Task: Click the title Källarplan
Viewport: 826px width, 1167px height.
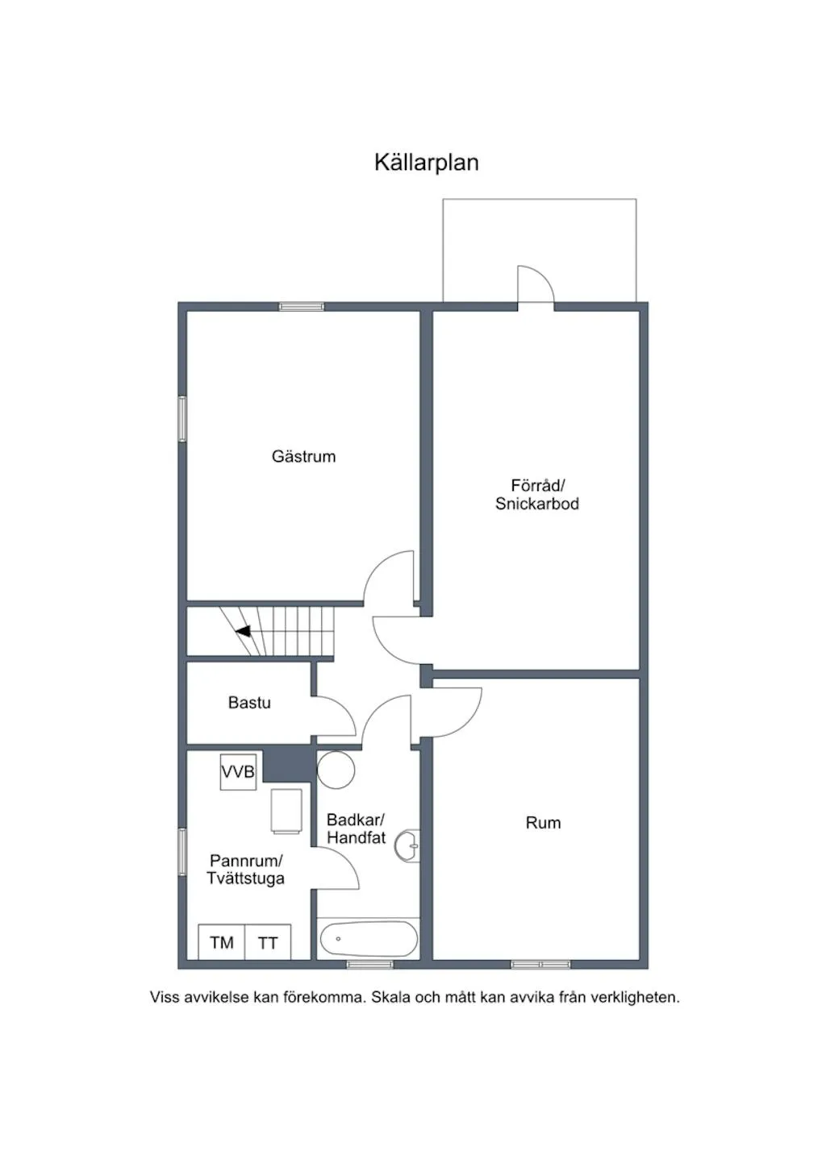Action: pyautogui.click(x=426, y=162)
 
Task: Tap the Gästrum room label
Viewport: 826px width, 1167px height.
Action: pyautogui.click(x=303, y=456)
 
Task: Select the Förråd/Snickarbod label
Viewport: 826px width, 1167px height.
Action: pyautogui.click(x=537, y=494)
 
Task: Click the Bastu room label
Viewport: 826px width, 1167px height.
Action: pyautogui.click(x=249, y=703)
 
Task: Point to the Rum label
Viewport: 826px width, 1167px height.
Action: pyautogui.click(x=543, y=823)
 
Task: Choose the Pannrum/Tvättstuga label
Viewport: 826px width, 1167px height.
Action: pyautogui.click(x=245, y=870)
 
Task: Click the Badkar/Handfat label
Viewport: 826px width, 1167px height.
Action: pyautogui.click(x=356, y=829)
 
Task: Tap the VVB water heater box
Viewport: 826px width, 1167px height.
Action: pyautogui.click(x=238, y=772)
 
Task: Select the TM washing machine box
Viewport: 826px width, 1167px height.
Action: pyautogui.click(x=222, y=942)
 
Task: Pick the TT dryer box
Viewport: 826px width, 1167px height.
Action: pyautogui.click(x=268, y=942)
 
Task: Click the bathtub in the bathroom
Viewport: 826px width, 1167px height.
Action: pyautogui.click(x=369, y=939)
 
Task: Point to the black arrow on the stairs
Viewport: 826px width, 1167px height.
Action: pyautogui.click(x=243, y=631)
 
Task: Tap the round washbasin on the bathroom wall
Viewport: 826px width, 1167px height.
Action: pyautogui.click(x=408, y=846)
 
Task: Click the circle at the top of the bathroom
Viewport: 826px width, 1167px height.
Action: pyautogui.click(x=336, y=770)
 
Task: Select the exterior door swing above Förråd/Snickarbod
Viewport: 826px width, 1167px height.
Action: pyautogui.click(x=534, y=284)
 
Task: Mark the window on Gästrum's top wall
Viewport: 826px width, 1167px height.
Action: pyautogui.click(x=302, y=306)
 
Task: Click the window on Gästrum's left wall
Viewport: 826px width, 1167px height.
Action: pyautogui.click(x=182, y=419)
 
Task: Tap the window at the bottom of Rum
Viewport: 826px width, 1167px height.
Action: pyautogui.click(x=540, y=964)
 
